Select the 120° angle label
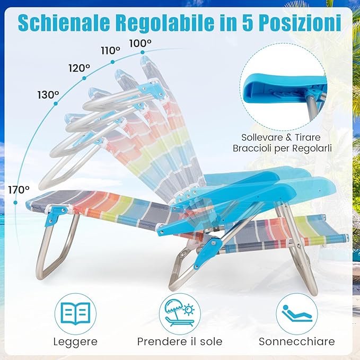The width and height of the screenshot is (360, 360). coord(79,68)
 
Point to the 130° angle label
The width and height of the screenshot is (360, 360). coord(48,95)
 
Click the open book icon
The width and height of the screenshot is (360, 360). coord(75,314)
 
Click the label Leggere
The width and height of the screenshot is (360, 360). coord(75,341)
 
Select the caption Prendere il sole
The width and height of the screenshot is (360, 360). coord(180,341)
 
